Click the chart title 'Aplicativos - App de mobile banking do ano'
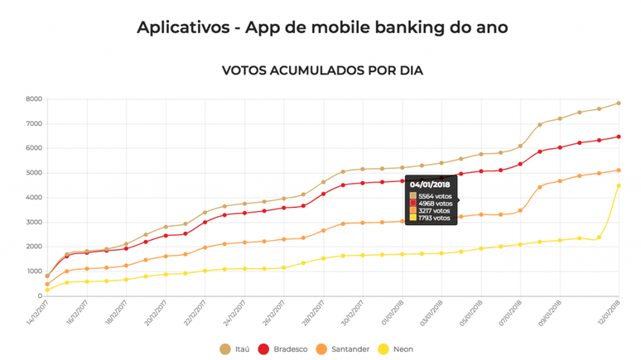click(322, 28)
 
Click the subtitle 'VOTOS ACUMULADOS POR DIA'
click(322, 70)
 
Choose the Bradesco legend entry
click(286, 349)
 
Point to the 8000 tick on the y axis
click(33, 99)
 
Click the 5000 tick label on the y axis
click(33, 173)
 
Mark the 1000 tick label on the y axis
click(33, 271)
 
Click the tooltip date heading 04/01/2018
click(429, 185)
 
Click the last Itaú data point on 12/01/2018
click(619, 103)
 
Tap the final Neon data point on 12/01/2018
click(619, 185)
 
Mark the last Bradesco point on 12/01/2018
click(619, 137)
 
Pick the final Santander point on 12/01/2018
click(619, 170)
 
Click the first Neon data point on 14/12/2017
click(47, 290)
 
